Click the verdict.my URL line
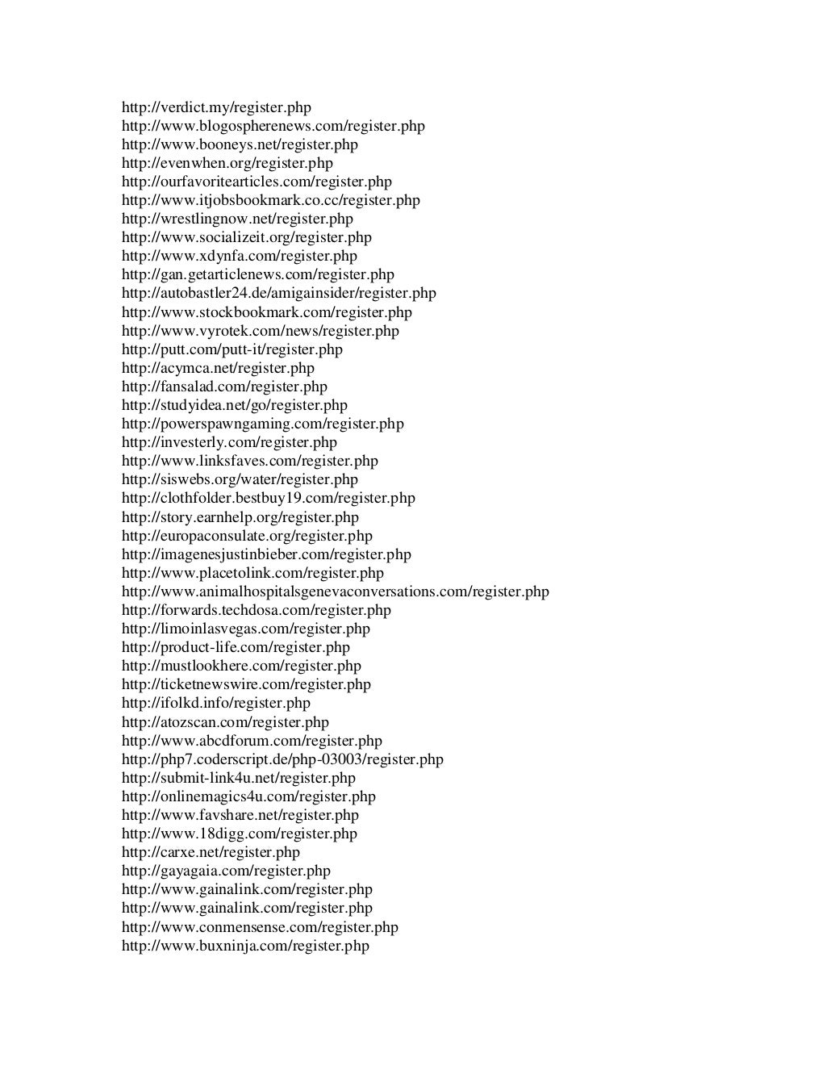coord(216,107)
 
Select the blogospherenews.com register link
coord(273,126)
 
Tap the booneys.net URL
coord(240,144)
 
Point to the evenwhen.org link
coord(227,163)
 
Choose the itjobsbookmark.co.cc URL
coord(270,200)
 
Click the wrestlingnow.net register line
coord(237,219)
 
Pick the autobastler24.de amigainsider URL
coord(278,293)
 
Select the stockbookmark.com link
coord(266,312)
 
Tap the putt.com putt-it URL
coord(232,349)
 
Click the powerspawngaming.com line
coord(262,424)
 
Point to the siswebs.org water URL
coord(240,479)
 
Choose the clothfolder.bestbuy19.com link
coord(268,498)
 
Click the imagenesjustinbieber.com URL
coord(266,554)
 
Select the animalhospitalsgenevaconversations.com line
coord(335,591)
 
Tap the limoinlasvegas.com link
coord(245,629)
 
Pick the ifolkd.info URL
coord(215,703)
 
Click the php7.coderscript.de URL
coord(282,759)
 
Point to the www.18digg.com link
coord(239,834)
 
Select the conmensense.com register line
coord(260,927)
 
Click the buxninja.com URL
coord(245,946)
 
